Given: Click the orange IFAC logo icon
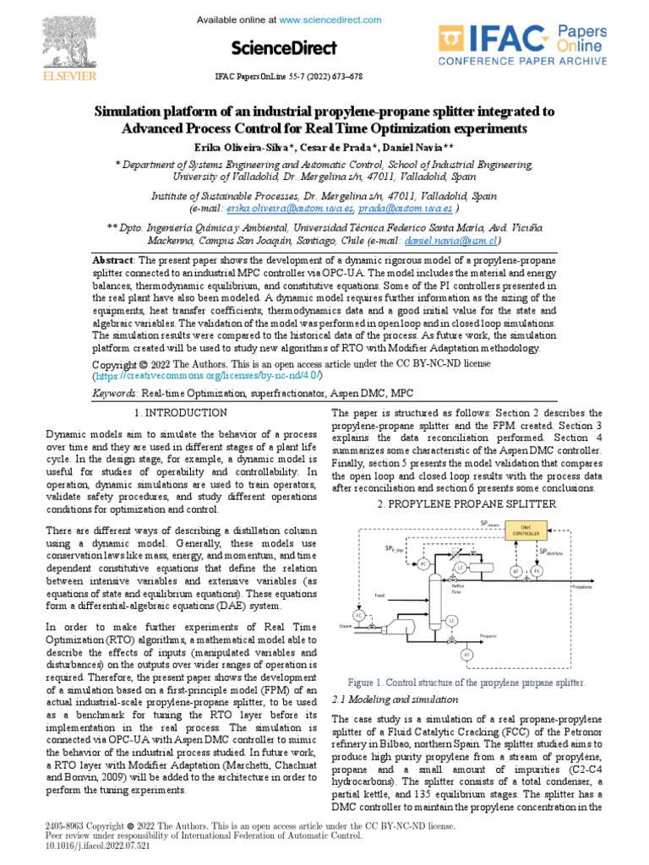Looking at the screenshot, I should [x=455, y=42].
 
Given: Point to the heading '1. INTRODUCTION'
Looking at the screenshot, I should [x=181, y=412].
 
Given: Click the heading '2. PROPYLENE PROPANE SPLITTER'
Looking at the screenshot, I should [x=466, y=503].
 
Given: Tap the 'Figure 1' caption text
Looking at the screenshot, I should [x=466, y=682].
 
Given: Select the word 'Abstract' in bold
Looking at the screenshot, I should [x=113, y=261].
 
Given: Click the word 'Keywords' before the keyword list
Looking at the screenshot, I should [x=114, y=394].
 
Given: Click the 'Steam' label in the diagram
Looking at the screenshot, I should [x=344, y=626].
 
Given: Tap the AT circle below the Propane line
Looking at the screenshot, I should [x=466, y=655].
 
